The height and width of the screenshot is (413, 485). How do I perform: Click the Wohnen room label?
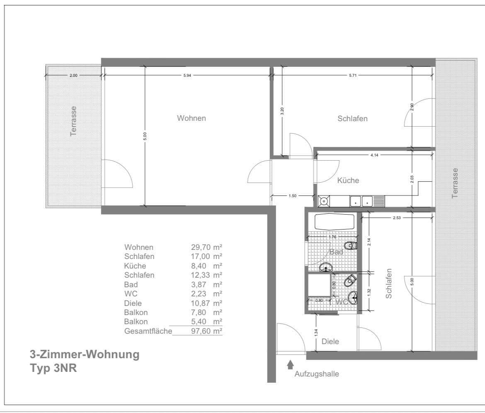(192, 118)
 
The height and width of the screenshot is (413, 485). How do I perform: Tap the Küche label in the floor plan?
(348, 181)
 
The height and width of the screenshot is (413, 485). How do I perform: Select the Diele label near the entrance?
(330, 342)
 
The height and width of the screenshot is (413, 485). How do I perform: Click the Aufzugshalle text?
(317, 374)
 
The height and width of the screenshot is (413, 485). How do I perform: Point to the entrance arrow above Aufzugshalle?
(290, 364)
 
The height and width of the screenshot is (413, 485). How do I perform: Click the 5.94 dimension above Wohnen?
(187, 75)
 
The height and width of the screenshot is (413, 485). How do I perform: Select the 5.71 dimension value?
(353, 75)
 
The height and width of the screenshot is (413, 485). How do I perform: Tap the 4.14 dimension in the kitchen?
(375, 155)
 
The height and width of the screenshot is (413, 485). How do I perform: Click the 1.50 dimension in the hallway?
(293, 196)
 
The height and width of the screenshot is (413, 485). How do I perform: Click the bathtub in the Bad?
(334, 222)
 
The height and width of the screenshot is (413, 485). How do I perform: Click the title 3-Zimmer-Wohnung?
(85, 355)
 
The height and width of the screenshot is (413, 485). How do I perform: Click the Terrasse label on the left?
(74, 121)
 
